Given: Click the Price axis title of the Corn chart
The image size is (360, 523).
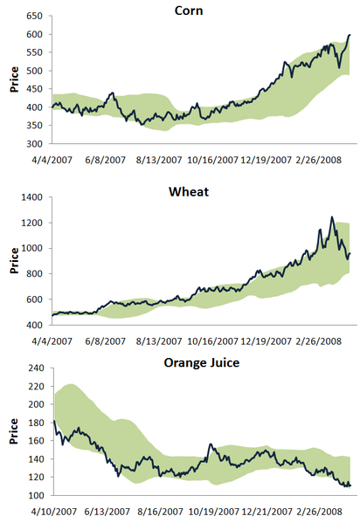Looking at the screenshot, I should point(15,79).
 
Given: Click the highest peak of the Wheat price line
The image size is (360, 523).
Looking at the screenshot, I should point(332,217).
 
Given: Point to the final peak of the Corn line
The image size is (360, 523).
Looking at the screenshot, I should point(350,35).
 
